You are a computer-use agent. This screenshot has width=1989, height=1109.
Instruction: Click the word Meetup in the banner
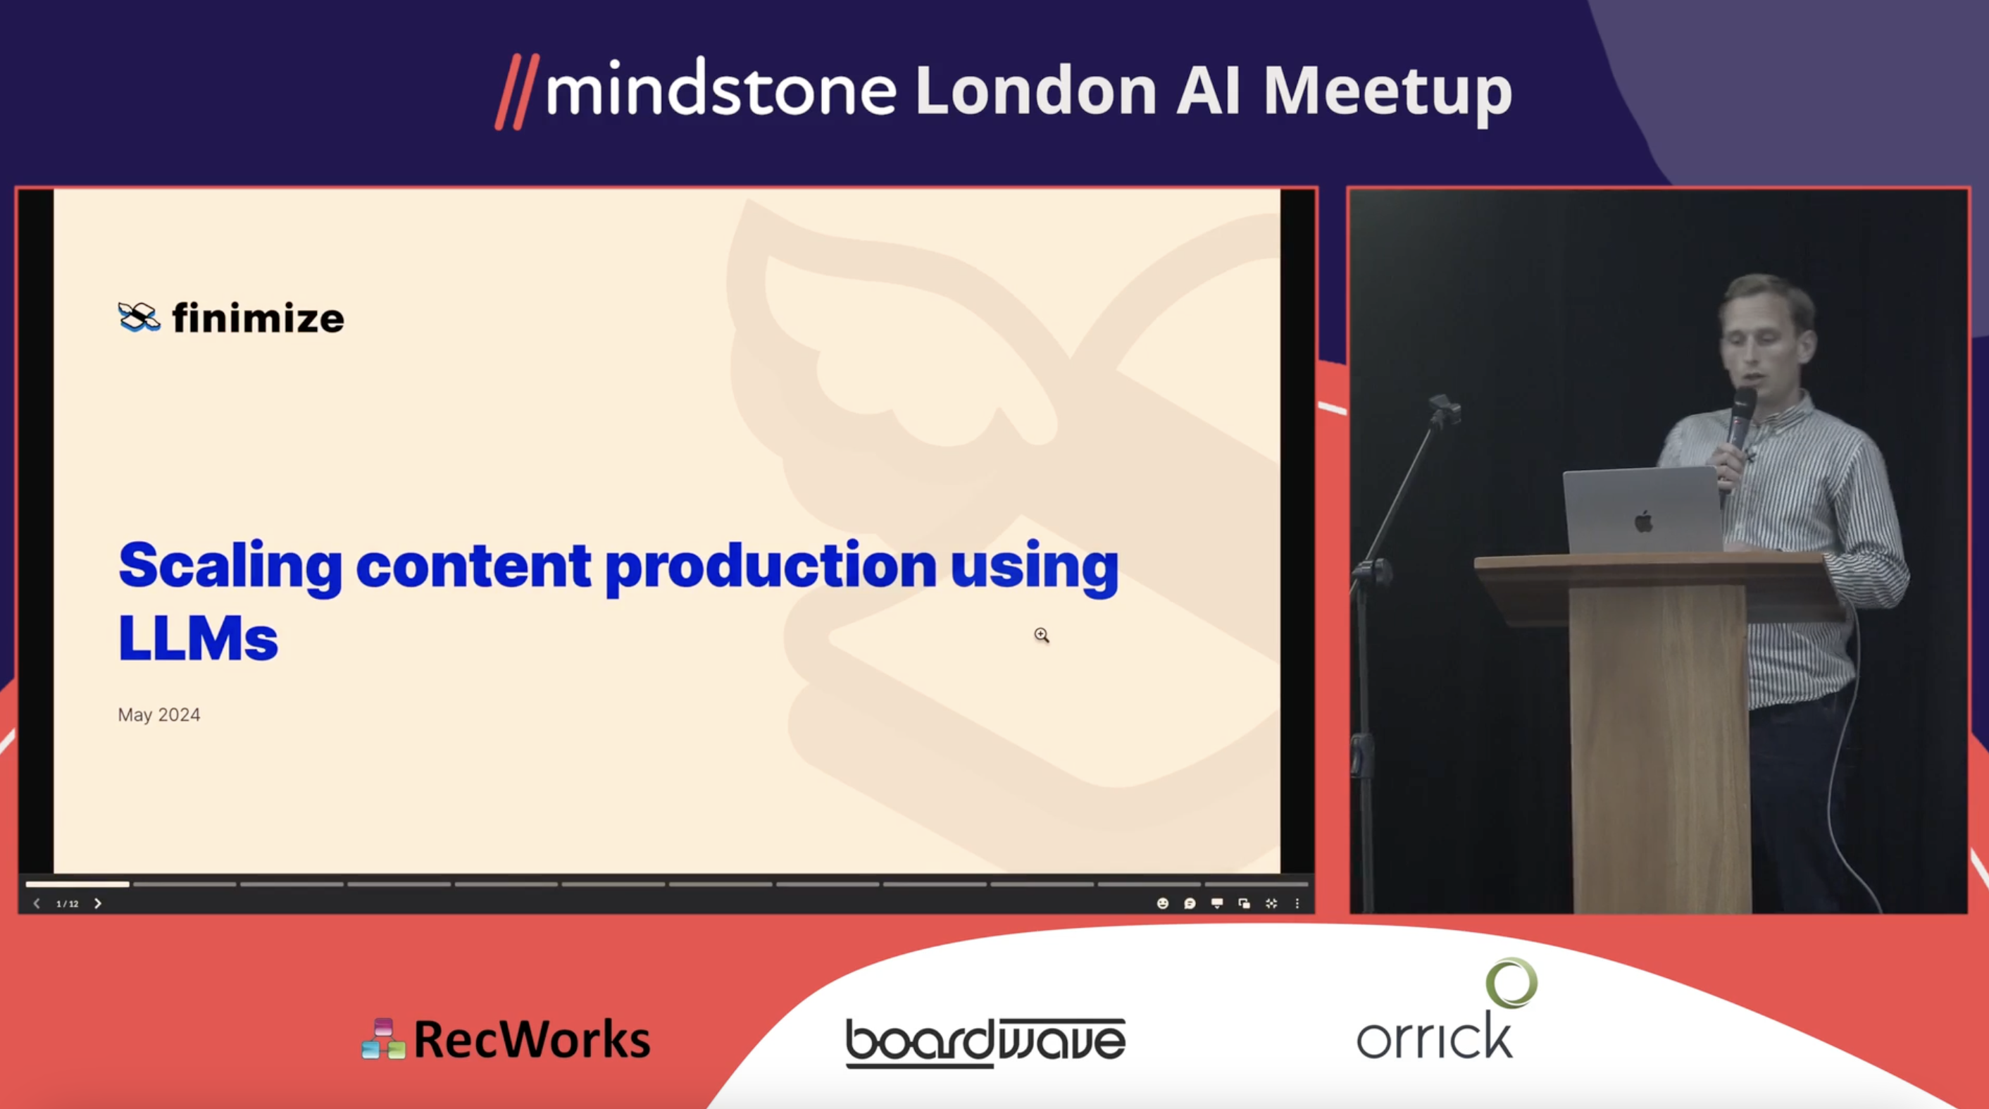[1387, 92]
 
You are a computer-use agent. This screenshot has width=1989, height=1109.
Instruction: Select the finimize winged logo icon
[139, 316]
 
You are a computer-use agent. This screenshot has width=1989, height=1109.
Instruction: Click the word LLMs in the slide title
[198, 638]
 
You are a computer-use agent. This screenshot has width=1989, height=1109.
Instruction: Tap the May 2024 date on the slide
[159, 715]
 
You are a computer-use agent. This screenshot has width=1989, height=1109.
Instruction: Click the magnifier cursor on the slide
[1042, 635]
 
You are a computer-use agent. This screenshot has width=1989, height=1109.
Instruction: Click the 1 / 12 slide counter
[67, 903]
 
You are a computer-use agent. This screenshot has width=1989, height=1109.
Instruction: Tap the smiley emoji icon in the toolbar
[1163, 903]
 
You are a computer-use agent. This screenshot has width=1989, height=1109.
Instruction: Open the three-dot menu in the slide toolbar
[1297, 903]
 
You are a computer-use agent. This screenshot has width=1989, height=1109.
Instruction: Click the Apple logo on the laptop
[1644, 522]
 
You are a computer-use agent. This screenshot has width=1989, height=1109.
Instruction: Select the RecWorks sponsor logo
[506, 1039]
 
